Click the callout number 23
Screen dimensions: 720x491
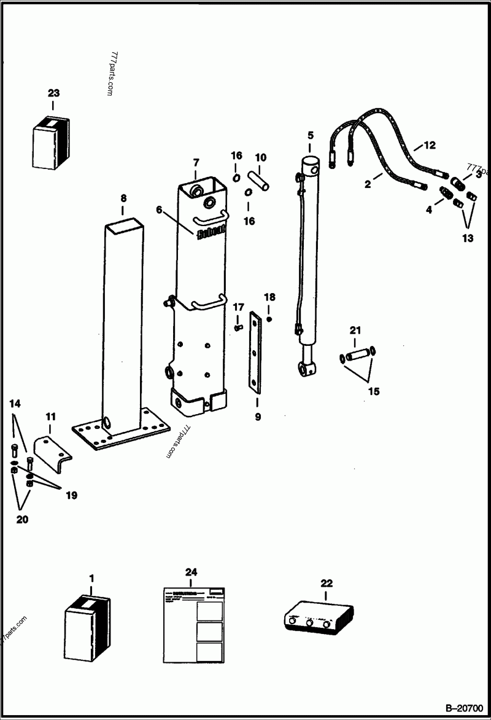54,93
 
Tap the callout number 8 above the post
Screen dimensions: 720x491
123,198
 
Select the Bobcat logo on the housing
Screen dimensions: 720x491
212,233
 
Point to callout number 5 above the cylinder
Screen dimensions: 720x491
310,135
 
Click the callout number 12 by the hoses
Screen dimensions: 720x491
429,146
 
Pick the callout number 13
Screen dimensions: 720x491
468,238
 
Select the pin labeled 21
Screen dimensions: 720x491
357,356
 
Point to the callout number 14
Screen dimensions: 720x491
15,404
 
